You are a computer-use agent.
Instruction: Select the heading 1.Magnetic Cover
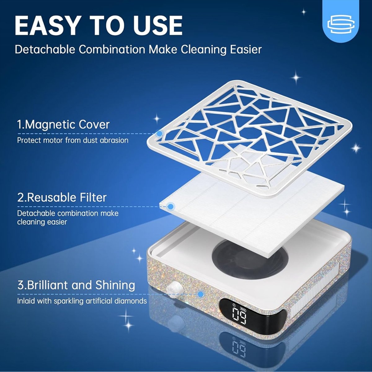[63, 125]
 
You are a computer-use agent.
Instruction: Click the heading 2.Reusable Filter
[62, 197]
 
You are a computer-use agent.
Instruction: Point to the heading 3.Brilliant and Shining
[76, 285]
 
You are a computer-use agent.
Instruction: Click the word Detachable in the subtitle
[45, 50]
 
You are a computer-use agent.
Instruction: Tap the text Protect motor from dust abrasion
[73, 140]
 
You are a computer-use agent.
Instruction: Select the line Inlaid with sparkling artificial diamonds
[82, 301]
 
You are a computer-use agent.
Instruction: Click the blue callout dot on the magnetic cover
[159, 134]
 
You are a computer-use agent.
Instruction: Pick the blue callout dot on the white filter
[170, 206]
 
